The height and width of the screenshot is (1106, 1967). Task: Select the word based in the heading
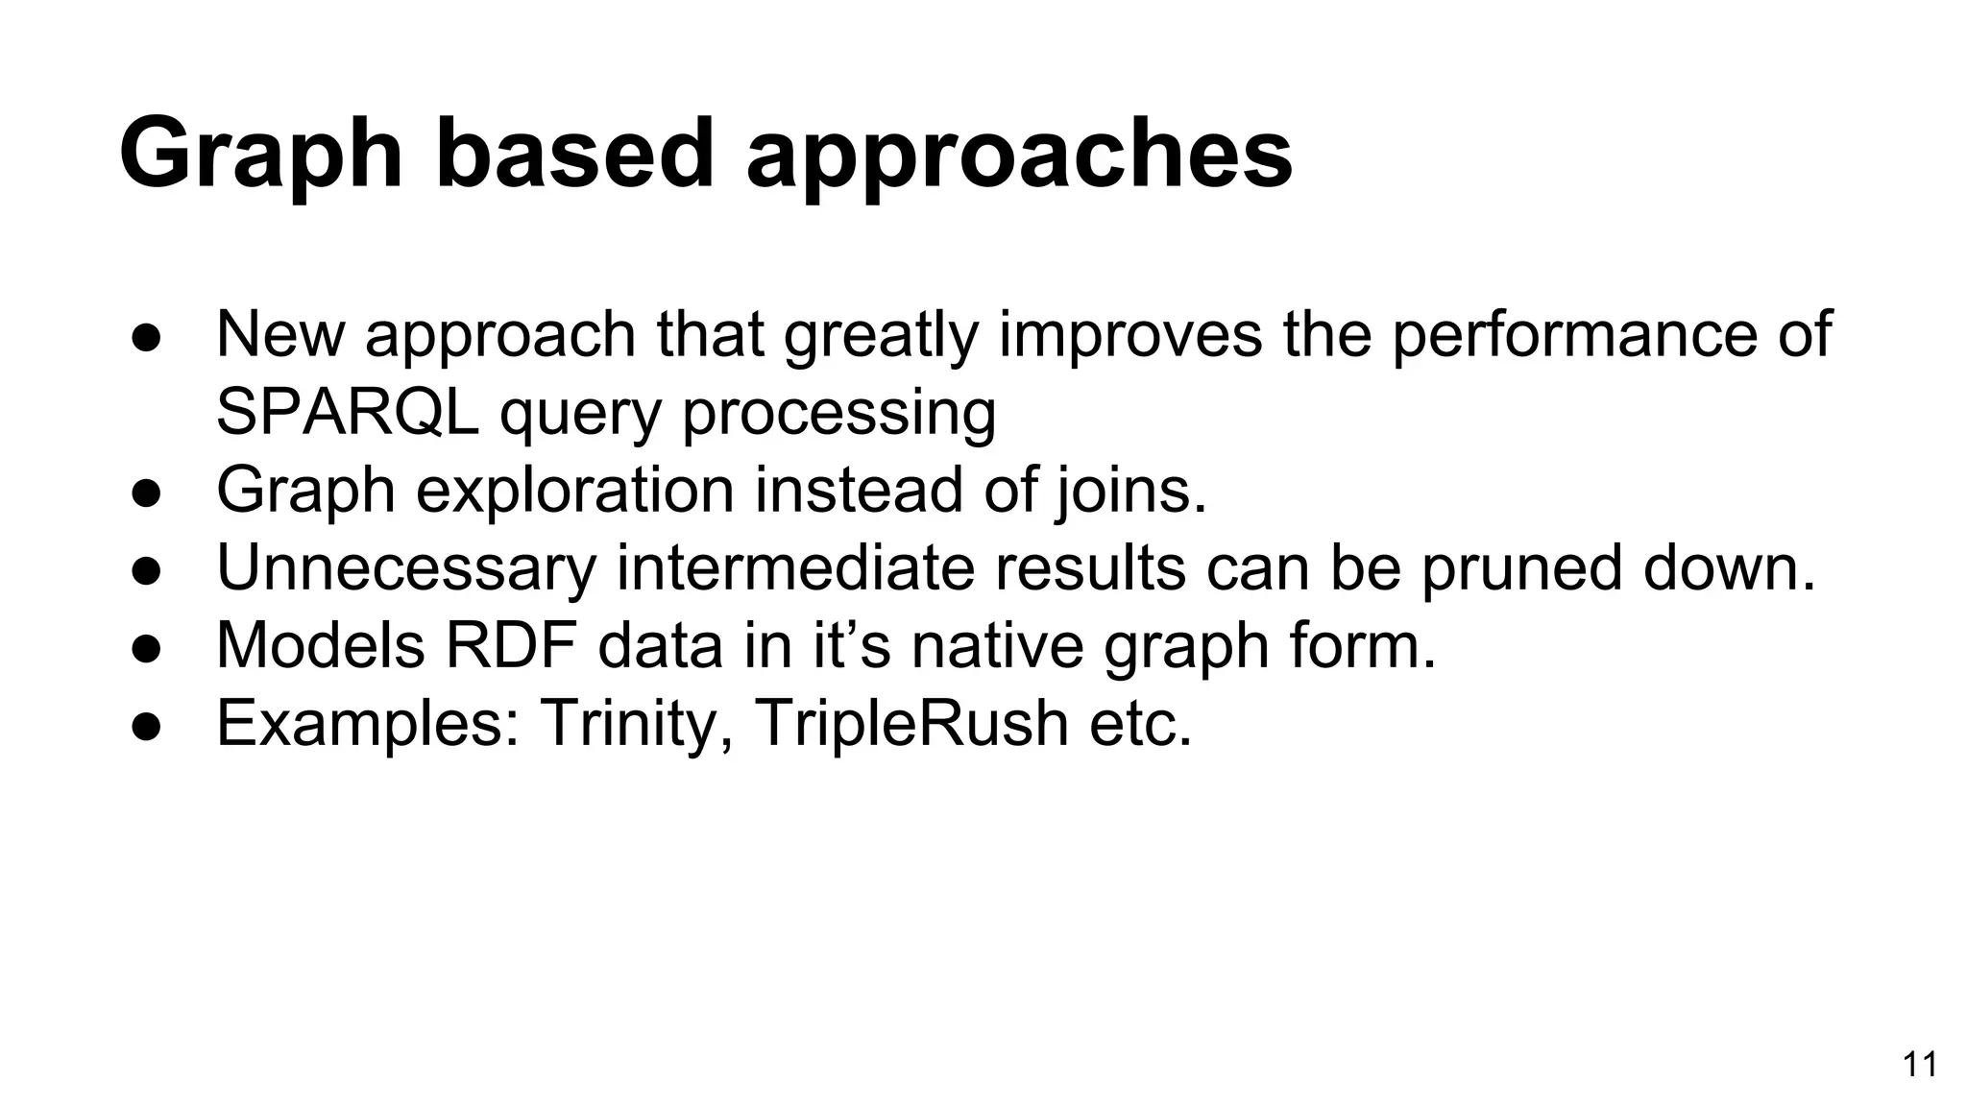[x=574, y=154]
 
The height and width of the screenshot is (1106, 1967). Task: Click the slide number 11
[x=1919, y=1065]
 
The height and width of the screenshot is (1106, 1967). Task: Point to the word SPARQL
[x=347, y=412]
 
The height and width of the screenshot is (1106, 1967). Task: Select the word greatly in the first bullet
[x=881, y=336]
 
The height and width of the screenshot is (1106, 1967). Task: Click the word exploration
[x=574, y=491]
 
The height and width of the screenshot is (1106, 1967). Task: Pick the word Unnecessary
[x=406, y=568]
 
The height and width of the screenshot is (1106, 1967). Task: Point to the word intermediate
[x=794, y=567]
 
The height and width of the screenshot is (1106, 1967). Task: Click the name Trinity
[x=638, y=723]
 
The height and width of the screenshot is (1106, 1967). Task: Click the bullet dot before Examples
[x=146, y=725]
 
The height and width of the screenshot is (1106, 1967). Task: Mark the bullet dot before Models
[x=146, y=647]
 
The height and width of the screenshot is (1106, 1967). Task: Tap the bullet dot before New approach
[x=146, y=336]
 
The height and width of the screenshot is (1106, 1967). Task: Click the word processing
[x=838, y=414]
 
